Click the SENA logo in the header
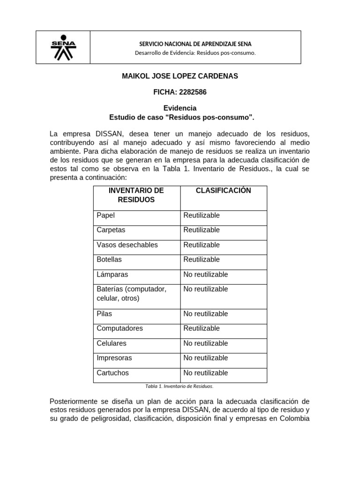(63, 47)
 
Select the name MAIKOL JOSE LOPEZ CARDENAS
(180, 76)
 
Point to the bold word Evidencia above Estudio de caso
(180, 108)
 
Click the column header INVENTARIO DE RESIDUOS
(136, 195)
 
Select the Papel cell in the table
(105, 216)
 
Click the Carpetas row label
(111, 230)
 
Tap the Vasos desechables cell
(127, 245)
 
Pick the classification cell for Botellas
(202, 260)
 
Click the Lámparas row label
(112, 274)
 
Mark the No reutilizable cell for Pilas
(206, 314)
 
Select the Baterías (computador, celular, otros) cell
(131, 293)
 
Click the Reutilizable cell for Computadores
(202, 328)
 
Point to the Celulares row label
(112, 343)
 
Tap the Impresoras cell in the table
(114, 358)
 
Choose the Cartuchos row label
(112, 373)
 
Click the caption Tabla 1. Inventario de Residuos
(180, 387)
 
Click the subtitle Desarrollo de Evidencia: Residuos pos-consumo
(195, 53)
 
